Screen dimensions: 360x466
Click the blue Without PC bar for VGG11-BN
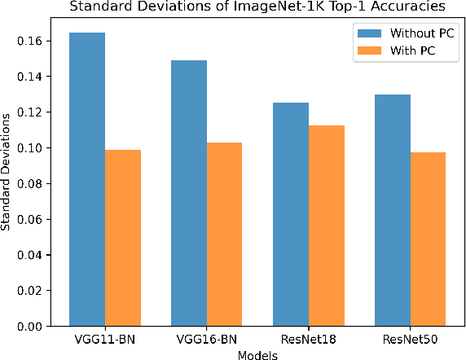(x=87, y=179)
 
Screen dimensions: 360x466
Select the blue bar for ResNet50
(x=392, y=210)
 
